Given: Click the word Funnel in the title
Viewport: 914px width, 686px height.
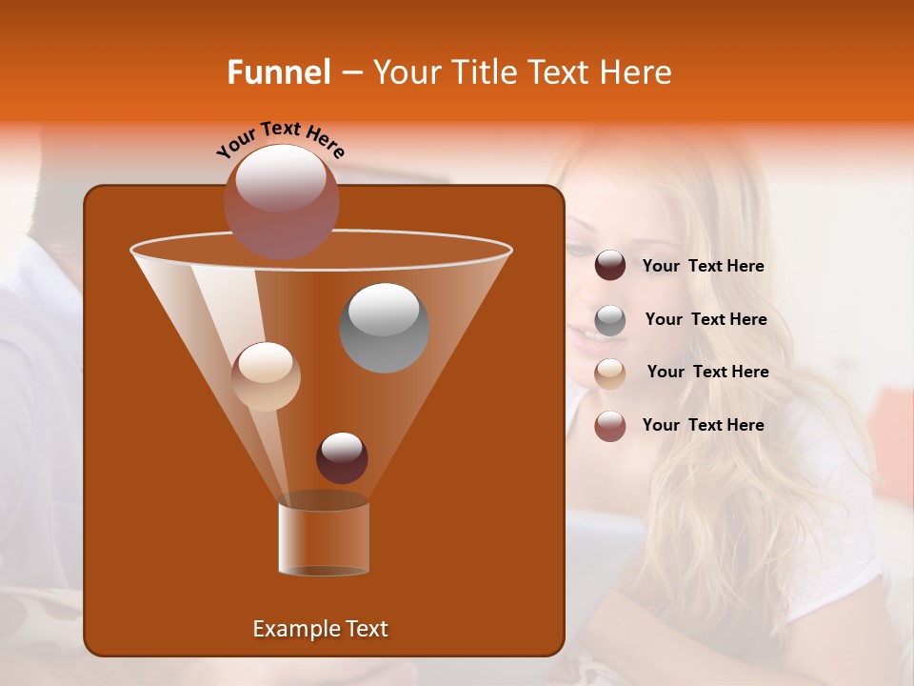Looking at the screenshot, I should pyautogui.click(x=278, y=72).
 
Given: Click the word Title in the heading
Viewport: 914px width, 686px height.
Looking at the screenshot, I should pyautogui.click(x=483, y=72).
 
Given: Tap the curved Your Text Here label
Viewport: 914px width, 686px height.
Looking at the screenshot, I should pyautogui.click(x=280, y=140).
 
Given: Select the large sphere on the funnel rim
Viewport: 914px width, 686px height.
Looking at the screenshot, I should pyautogui.click(x=281, y=201).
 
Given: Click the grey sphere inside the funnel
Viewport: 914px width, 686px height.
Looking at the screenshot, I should pyautogui.click(x=384, y=327).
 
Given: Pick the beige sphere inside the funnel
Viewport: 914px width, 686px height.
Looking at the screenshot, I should pyautogui.click(x=266, y=375).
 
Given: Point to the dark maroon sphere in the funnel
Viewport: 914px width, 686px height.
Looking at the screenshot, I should pyautogui.click(x=342, y=457).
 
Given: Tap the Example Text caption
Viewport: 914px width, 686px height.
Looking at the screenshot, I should pyautogui.click(x=320, y=629).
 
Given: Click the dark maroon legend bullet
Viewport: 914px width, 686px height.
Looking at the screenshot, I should pyautogui.click(x=610, y=266).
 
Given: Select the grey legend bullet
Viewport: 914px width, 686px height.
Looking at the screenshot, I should pyautogui.click(x=610, y=320).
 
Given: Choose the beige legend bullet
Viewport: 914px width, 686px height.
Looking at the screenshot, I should pyautogui.click(x=610, y=373).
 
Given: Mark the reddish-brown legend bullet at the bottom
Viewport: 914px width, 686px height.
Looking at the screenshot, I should pyautogui.click(x=610, y=426).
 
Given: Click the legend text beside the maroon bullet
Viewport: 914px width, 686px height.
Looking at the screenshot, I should pyautogui.click(x=703, y=267).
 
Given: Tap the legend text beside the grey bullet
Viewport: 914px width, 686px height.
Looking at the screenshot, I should pyautogui.click(x=705, y=320).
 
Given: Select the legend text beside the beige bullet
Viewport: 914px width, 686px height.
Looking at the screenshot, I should pyautogui.click(x=707, y=373).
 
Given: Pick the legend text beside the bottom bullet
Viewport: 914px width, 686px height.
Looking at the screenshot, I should pyautogui.click(x=703, y=425).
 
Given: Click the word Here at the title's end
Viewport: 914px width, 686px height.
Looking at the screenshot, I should pyautogui.click(x=637, y=72).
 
